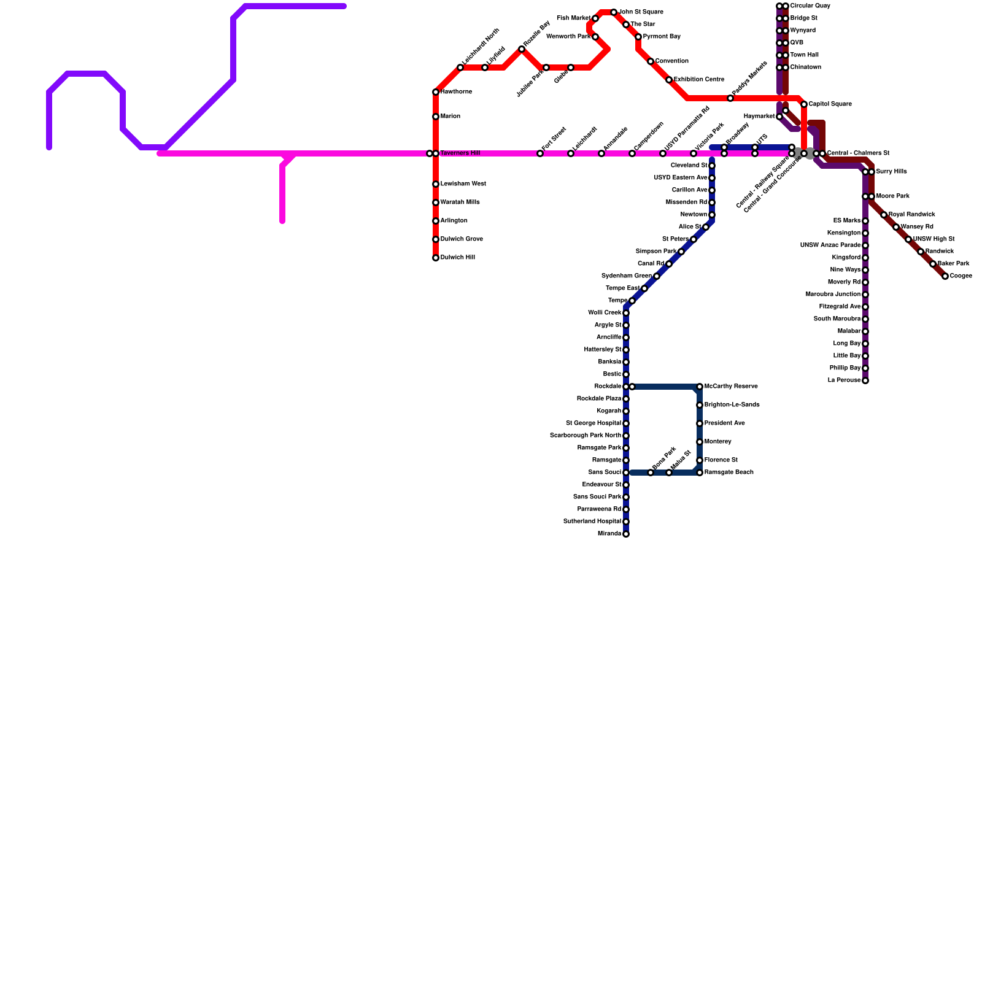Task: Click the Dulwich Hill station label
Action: click(x=457, y=258)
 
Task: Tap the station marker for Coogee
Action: click(x=945, y=276)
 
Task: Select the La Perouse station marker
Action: click(x=865, y=381)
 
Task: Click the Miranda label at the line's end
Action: click(x=609, y=534)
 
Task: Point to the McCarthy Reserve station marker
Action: click(x=700, y=387)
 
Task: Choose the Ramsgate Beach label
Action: click(x=729, y=473)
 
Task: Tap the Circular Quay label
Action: click(x=810, y=6)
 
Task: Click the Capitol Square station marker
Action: click(x=804, y=104)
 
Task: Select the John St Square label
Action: click(x=641, y=12)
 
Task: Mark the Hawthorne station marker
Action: click(x=436, y=92)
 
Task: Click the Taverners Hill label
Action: click(x=460, y=153)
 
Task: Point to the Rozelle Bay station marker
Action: click(x=522, y=49)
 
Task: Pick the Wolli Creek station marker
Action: click(x=626, y=313)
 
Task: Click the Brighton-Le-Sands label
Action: click(x=732, y=405)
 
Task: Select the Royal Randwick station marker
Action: click(x=884, y=215)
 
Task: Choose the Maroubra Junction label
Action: click(x=833, y=295)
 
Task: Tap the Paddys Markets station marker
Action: click(x=730, y=98)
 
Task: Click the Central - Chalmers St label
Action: click(x=858, y=153)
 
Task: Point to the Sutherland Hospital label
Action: click(x=592, y=522)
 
